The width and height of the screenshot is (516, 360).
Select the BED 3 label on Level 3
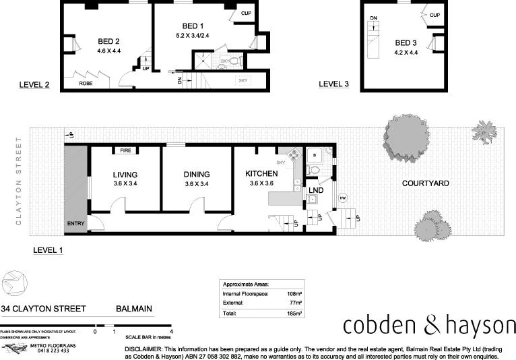point(406,42)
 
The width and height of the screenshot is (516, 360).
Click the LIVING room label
point(125,174)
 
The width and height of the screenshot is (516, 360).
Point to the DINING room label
point(196,174)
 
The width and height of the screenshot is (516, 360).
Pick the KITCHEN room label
point(261,174)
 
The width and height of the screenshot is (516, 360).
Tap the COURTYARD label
point(425,183)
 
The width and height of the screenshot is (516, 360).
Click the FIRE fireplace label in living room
point(125,150)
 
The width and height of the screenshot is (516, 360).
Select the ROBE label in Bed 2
point(86,84)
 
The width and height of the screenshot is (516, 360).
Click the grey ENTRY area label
point(75,222)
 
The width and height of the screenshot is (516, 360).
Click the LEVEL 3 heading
point(333,84)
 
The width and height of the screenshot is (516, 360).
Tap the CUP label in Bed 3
point(434,16)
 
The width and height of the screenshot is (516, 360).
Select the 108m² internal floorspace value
point(293,295)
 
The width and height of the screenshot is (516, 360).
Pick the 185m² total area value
point(293,313)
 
